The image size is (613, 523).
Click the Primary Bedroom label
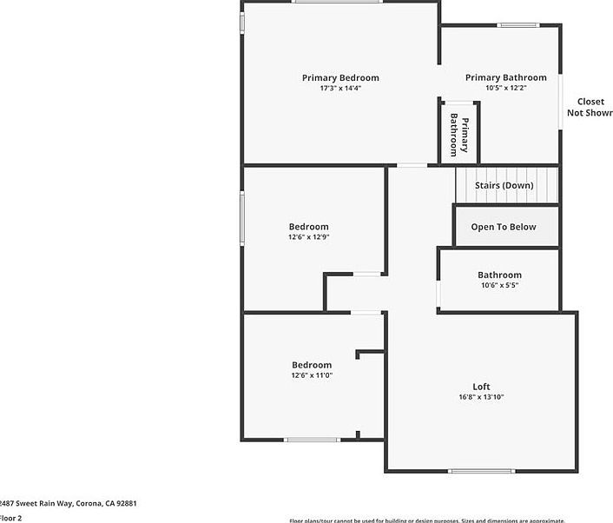point(340,78)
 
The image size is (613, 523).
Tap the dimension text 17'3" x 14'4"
point(340,88)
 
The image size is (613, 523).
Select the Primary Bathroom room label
point(505,78)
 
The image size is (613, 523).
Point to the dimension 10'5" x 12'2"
point(505,88)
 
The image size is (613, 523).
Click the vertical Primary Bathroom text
point(459,135)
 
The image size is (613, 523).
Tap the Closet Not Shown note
point(590,107)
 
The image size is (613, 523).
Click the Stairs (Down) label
point(504,185)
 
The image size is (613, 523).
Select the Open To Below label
point(504,227)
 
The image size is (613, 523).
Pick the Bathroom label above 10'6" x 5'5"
point(499,275)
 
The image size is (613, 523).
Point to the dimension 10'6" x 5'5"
point(499,285)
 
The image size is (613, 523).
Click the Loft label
point(481,387)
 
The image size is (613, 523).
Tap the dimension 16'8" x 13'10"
point(481,397)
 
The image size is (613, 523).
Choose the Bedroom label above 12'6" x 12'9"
point(308,227)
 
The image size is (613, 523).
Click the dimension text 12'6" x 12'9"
point(308,236)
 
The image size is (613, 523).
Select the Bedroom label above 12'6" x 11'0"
point(312,365)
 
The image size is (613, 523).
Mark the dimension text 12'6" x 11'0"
point(312,375)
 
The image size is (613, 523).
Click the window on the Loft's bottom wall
point(481,472)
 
